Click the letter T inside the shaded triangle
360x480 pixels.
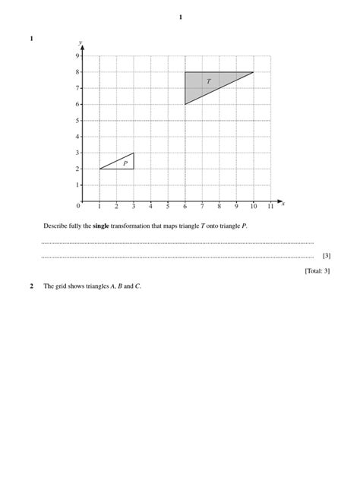(208, 81)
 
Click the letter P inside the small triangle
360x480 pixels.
(125, 163)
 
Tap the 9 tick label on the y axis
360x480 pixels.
(77, 55)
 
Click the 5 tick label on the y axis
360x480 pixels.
(77, 120)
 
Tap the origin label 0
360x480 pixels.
(78, 206)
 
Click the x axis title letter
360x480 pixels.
(283, 203)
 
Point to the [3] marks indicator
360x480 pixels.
(326, 256)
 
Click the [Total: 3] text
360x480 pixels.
(317, 270)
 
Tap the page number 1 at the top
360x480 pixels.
(180, 17)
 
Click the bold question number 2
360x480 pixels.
(32, 286)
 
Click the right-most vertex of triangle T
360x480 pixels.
(254, 72)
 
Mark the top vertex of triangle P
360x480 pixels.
(134, 153)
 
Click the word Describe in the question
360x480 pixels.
(55, 226)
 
